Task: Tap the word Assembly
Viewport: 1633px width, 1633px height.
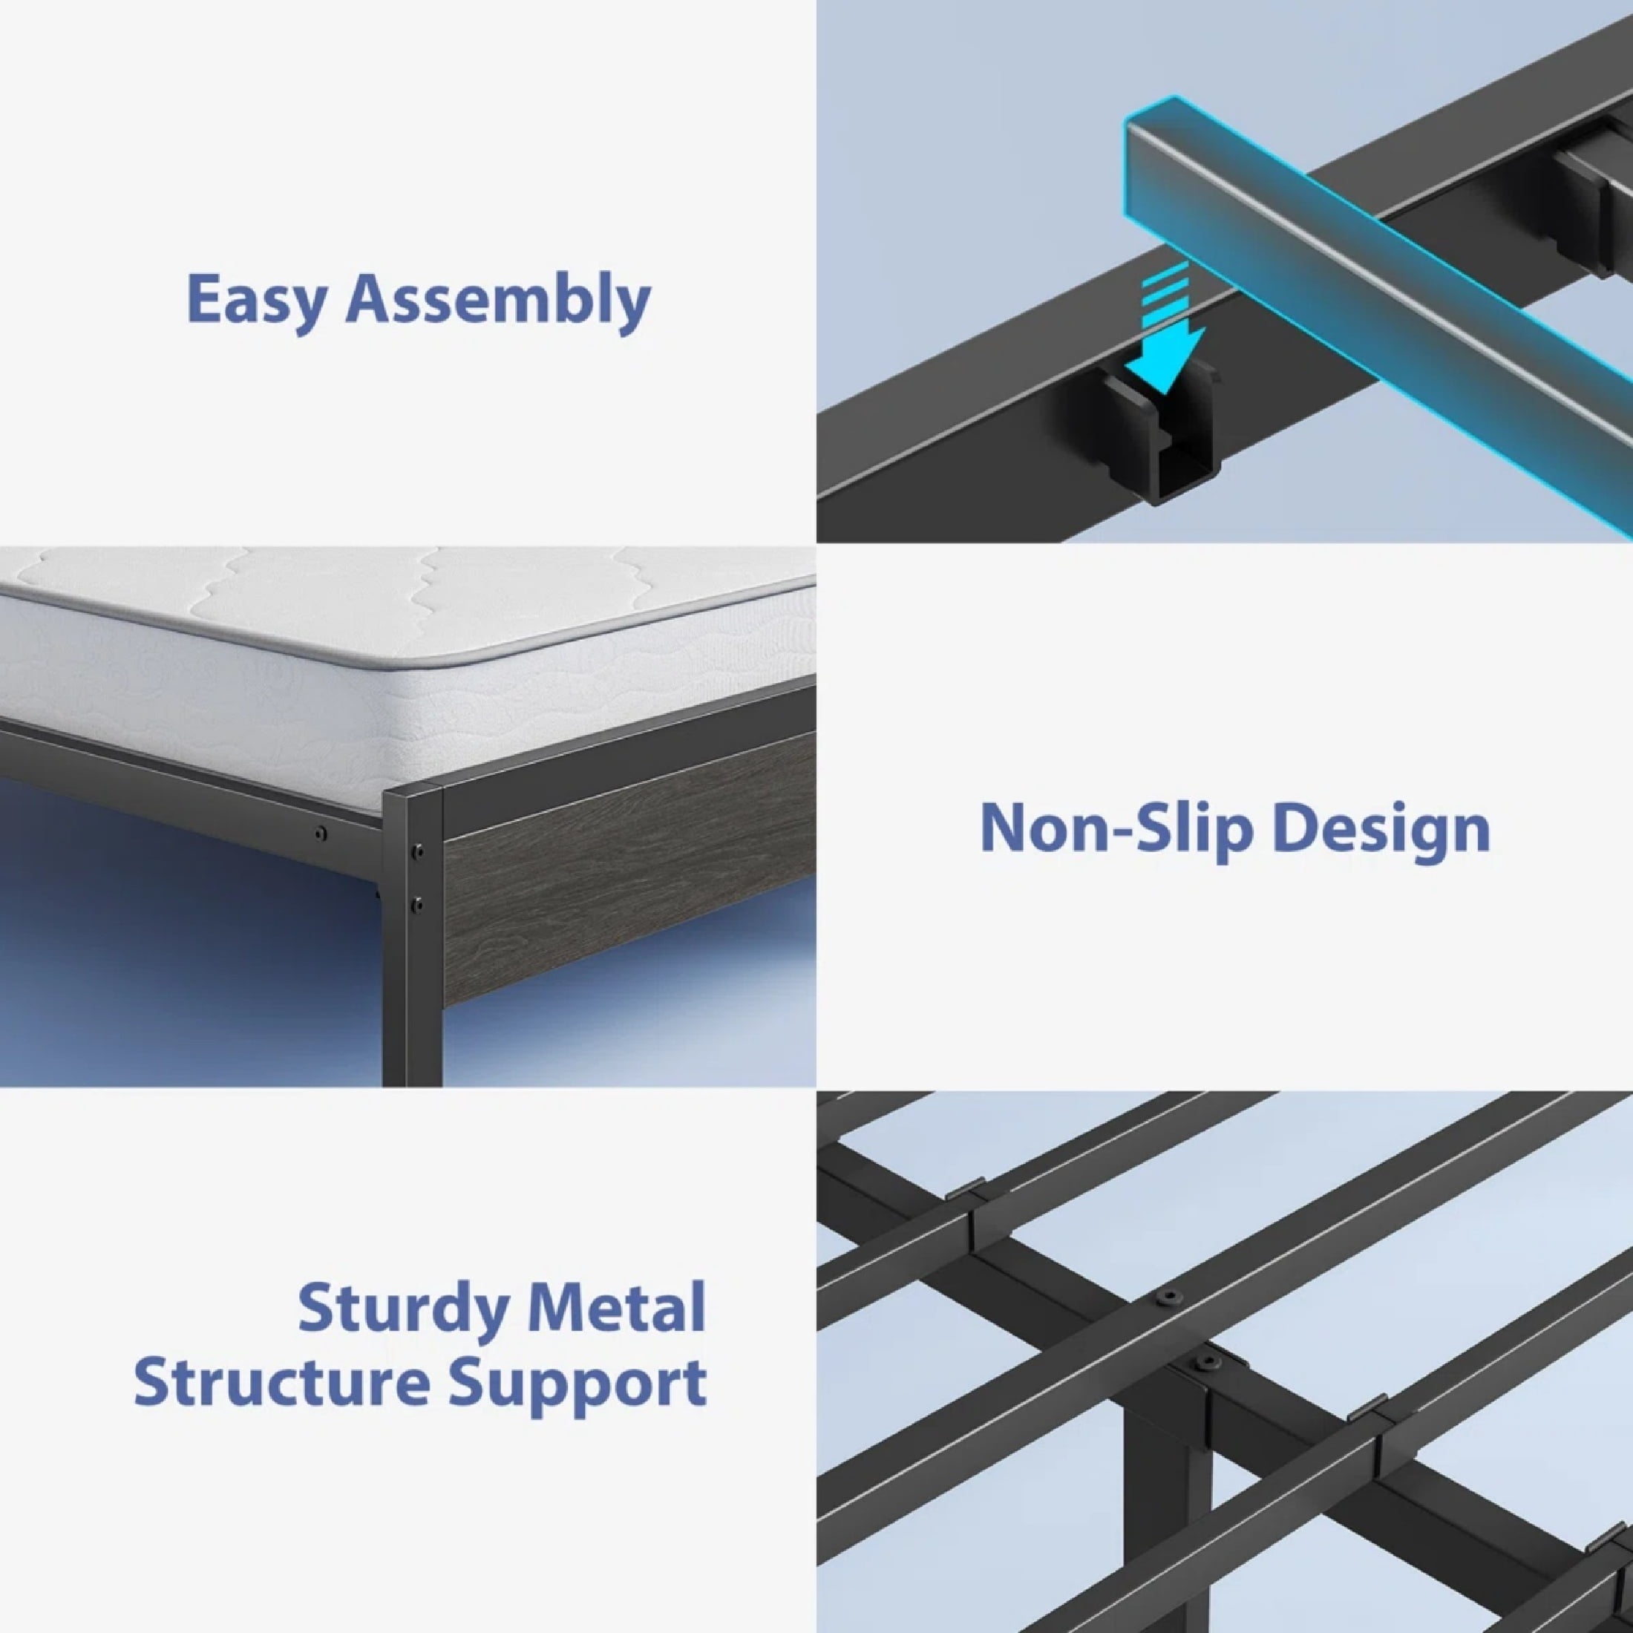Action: click(498, 299)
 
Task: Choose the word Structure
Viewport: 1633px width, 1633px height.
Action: click(282, 1383)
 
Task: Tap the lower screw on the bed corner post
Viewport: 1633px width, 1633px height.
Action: click(416, 906)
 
